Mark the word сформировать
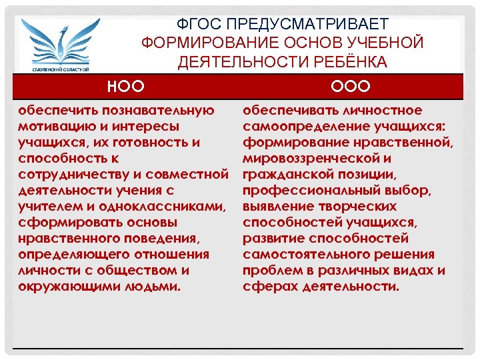pyautogui.click(x=65, y=223)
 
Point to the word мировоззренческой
pyautogui.click(x=311, y=159)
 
